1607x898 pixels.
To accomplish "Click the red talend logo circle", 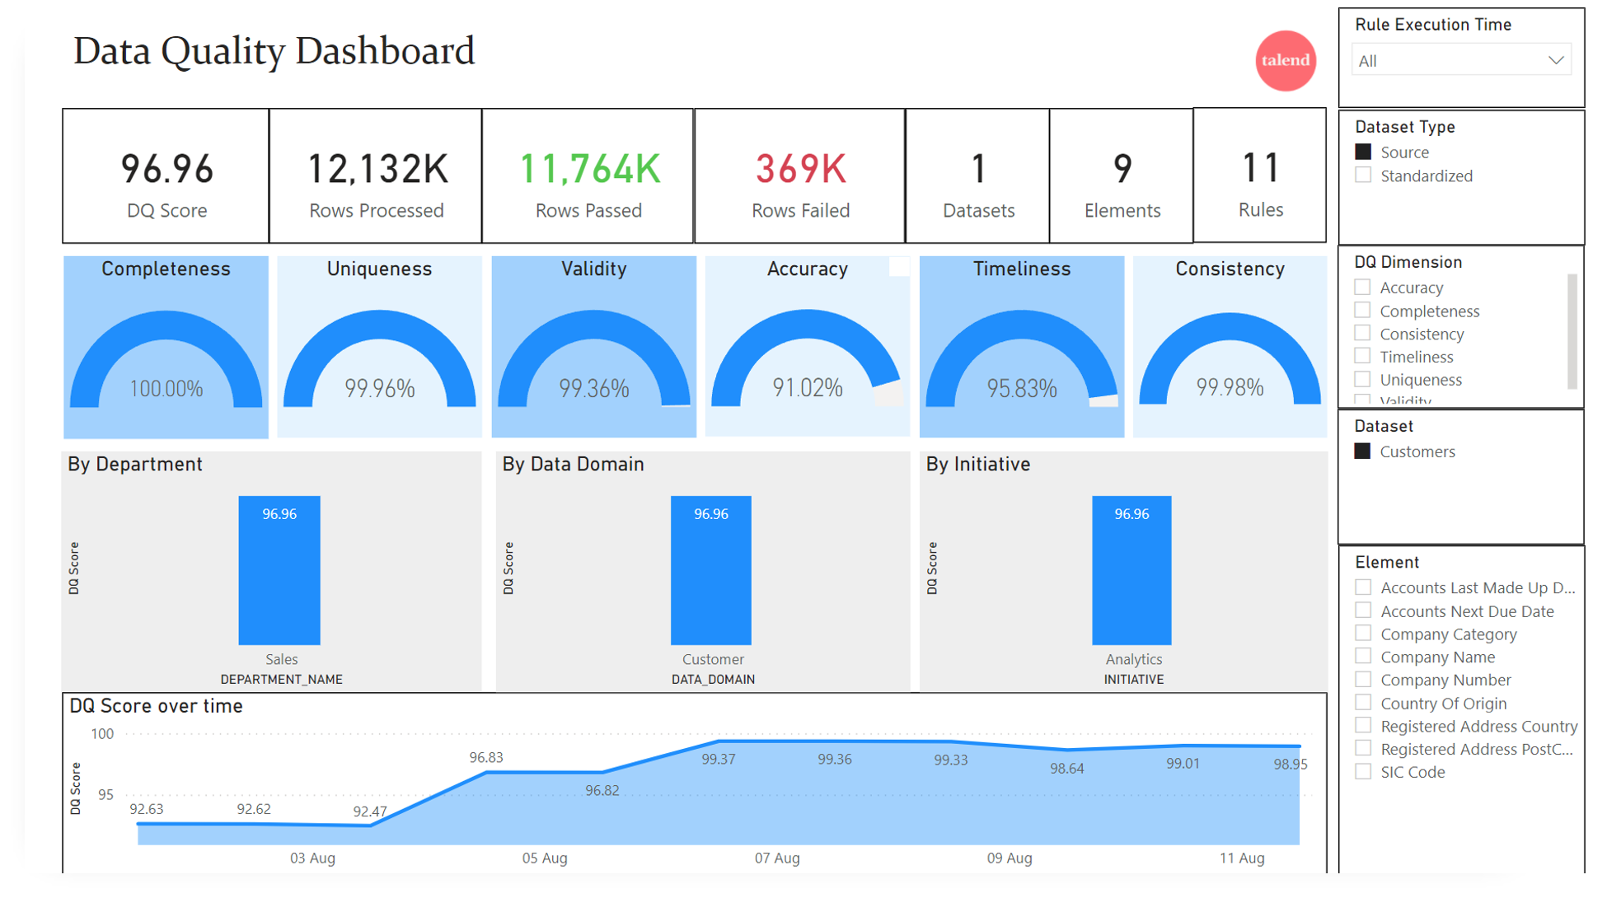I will (x=1285, y=60).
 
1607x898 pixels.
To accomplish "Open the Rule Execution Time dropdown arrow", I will (x=1555, y=60).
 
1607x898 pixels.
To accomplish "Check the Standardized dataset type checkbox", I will (x=1363, y=175).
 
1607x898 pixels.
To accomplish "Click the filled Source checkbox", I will (x=1363, y=152).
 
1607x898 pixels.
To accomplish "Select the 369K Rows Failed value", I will (x=800, y=170).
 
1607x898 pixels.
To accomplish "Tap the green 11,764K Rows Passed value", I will (x=588, y=170).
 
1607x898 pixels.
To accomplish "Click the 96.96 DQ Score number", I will (x=166, y=170).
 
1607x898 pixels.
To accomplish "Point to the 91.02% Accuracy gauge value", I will (x=807, y=388).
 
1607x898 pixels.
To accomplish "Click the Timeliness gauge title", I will (x=1021, y=269).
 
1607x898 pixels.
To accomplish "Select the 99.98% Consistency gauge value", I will (x=1229, y=388).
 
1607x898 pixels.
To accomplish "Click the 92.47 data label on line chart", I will (x=369, y=811).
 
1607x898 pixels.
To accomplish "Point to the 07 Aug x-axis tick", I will (x=776, y=858).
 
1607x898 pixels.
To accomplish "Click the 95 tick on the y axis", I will (x=105, y=795).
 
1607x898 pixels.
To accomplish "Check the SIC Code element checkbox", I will (x=1363, y=772).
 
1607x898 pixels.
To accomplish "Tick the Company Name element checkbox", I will (x=1363, y=657).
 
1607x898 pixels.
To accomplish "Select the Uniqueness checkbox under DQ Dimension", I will (x=1363, y=380).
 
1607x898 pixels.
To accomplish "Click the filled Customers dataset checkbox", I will (x=1363, y=451).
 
